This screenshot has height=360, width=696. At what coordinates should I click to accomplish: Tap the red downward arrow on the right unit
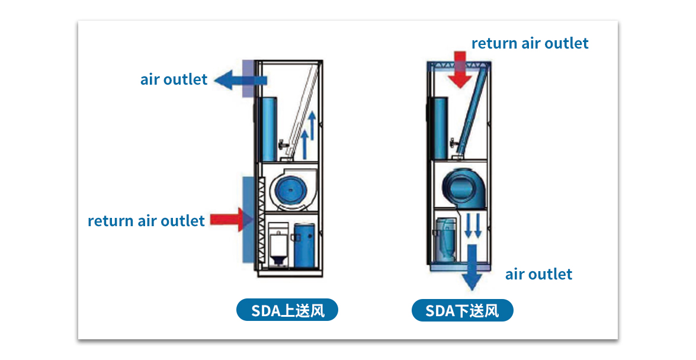(460, 70)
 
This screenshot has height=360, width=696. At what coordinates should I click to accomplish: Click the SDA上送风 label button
(287, 310)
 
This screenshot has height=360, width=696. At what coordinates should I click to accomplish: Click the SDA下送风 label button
(462, 310)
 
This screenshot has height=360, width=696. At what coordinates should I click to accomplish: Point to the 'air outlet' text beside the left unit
(174, 79)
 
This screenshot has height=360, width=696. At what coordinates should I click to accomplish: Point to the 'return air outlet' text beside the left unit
(146, 221)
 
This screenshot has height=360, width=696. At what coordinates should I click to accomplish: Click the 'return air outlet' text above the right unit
(530, 43)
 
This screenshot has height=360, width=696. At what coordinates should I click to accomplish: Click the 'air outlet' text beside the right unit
(538, 274)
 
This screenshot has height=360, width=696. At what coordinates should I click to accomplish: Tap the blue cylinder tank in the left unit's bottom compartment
(304, 243)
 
